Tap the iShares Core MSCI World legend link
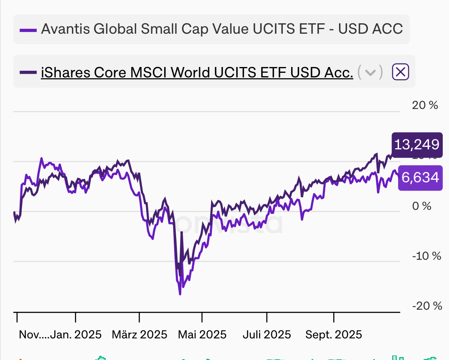197,72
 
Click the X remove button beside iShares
400,72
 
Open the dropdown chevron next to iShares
370,72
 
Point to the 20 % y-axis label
425,105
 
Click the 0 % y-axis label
421,206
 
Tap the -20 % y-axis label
427,306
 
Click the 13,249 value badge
417,145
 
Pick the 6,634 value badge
420,178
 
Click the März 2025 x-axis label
140,335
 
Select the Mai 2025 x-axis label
202,335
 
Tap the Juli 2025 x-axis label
267,335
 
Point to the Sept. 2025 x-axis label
334,335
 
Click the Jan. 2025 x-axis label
76,335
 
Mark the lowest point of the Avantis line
180,294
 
